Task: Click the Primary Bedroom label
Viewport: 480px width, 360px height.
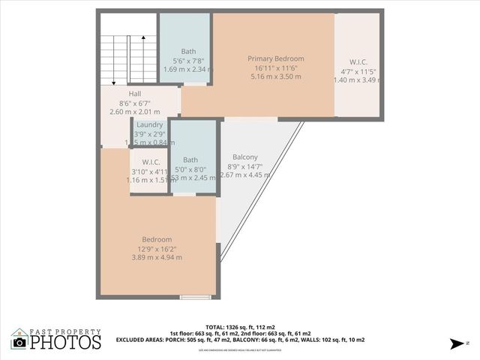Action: (x=276, y=58)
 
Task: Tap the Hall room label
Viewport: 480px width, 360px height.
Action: (x=115, y=94)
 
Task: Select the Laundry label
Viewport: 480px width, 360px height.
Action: (x=150, y=124)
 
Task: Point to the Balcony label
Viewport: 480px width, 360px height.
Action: (x=245, y=157)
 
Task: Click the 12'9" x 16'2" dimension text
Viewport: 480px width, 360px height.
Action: (x=157, y=249)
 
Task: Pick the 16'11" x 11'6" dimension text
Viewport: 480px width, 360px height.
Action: (x=276, y=67)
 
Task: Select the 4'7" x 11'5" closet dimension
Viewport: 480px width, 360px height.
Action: (x=358, y=71)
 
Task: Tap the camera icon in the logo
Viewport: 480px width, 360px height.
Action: (x=19, y=342)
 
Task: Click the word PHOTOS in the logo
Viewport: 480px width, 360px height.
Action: (x=66, y=343)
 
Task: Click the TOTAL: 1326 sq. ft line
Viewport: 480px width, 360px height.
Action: (x=240, y=327)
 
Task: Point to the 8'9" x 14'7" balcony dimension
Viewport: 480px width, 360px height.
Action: (x=245, y=166)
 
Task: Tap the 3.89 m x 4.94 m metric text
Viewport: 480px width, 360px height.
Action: (x=157, y=258)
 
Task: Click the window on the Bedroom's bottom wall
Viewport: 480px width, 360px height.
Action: (x=195, y=298)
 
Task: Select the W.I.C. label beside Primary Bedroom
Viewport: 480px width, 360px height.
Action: (x=358, y=62)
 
